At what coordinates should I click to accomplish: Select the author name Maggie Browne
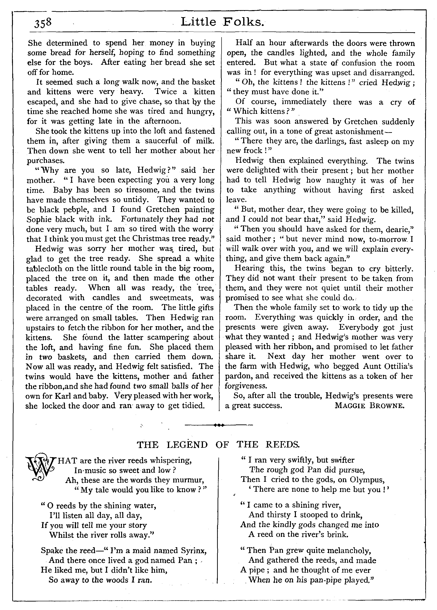[x=369, y=405]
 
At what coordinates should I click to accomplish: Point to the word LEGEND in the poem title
[x=187, y=445]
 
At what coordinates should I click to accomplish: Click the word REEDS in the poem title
[x=282, y=445]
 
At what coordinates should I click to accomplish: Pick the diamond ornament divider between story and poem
[x=218, y=425]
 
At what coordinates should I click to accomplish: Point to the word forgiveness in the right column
[x=246, y=386]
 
